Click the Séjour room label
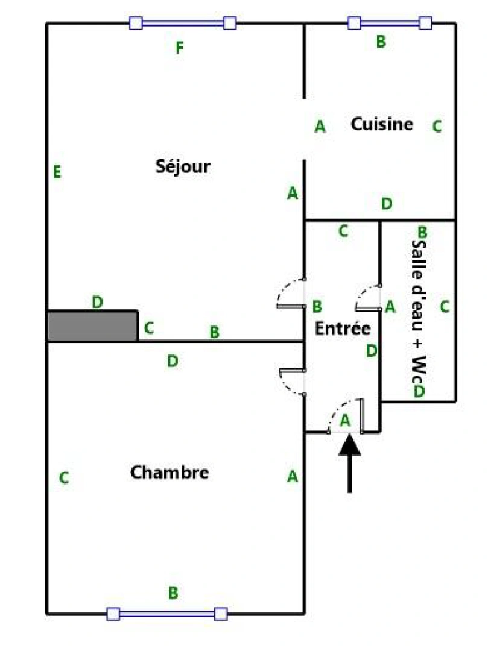(183, 166)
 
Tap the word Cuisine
(382, 124)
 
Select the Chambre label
(169, 472)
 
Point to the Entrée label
(343, 329)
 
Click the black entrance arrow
(349, 464)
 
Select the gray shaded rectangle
(92, 326)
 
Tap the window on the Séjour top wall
(183, 24)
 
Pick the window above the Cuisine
(390, 24)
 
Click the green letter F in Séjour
(179, 48)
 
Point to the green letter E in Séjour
(57, 172)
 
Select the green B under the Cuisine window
(381, 42)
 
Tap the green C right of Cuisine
(437, 127)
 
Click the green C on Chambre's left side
(63, 479)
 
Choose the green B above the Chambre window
(173, 593)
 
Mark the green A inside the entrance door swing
(346, 420)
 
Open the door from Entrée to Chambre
(293, 381)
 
